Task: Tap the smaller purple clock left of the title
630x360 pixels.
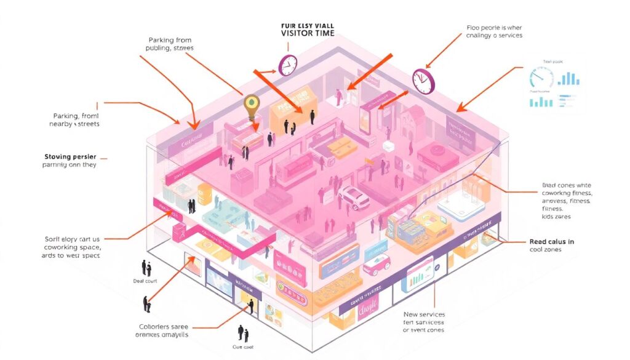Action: click(x=288, y=65)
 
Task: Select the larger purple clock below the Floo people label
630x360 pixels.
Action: click(x=423, y=80)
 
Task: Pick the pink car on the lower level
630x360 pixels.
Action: click(x=377, y=264)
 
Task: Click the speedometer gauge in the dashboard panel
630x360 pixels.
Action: click(x=541, y=78)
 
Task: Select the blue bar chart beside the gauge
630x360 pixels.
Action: click(x=569, y=78)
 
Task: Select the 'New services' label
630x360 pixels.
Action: click(x=424, y=314)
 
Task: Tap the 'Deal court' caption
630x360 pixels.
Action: click(x=145, y=281)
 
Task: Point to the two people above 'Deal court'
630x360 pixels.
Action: click(x=146, y=267)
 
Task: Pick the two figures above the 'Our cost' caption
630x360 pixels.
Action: click(x=242, y=334)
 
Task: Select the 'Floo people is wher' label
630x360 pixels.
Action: click(x=494, y=27)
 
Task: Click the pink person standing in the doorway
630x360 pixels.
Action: click(x=338, y=96)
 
